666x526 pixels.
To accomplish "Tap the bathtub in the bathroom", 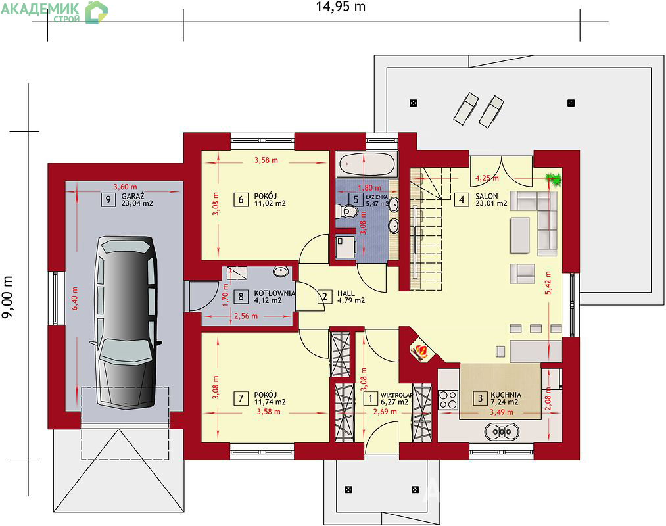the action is coord(368,164).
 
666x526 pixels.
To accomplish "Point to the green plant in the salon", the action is coord(554,179).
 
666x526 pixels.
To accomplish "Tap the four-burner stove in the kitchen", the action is coord(448,400).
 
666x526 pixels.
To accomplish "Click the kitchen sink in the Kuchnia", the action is coord(502,432).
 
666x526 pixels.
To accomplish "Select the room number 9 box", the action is coord(108,199).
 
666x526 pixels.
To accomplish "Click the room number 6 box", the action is coord(241,199).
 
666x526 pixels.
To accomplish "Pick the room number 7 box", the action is coord(241,398).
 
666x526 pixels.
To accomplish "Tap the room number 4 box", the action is coord(462,199).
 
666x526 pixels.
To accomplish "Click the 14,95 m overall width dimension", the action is coord(341,7).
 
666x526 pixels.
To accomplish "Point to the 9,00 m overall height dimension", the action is coord(7,297).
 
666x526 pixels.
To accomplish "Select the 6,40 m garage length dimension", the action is coord(75,299).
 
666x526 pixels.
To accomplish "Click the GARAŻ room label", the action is coord(133,196).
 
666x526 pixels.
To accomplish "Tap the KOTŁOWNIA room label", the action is coord(274,293).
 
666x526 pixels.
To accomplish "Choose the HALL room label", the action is coord(346,293).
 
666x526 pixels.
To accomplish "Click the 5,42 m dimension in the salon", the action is coord(548,283).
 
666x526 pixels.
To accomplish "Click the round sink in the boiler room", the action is coord(281,272).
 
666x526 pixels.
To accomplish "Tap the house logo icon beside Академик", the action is coord(97,12).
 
